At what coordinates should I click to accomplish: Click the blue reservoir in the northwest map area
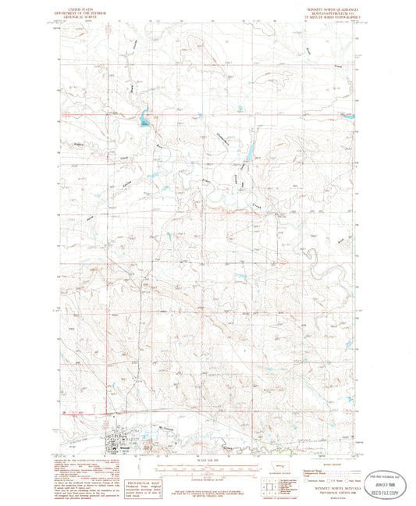pos(144,121)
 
